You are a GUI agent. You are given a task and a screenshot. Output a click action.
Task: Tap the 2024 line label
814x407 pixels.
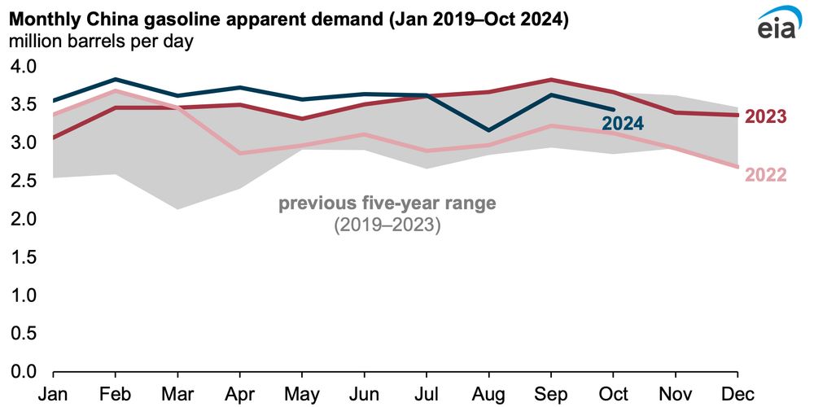coord(623,124)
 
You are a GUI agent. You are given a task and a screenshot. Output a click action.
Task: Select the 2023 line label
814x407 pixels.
coord(766,116)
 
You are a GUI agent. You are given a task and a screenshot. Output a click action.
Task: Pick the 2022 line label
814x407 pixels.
coord(766,175)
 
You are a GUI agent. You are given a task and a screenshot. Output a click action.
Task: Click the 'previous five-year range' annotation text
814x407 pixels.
coord(387,203)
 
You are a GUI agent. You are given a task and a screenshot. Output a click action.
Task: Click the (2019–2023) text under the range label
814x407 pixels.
coord(387,225)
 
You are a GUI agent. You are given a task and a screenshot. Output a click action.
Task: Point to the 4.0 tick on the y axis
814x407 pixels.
coord(24,66)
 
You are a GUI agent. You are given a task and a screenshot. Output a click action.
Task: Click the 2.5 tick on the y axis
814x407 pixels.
coord(24,181)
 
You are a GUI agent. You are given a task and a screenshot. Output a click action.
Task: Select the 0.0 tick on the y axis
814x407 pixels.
coord(24,372)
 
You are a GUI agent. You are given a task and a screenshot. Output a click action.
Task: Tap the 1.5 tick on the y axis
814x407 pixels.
coord(24,257)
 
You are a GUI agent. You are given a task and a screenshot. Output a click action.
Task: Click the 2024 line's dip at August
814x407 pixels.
coord(488,130)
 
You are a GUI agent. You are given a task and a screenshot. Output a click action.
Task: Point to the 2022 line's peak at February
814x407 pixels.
coord(115,90)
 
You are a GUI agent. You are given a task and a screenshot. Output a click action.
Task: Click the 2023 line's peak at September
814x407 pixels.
coord(551,80)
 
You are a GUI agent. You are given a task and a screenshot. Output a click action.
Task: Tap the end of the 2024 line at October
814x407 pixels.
coord(613,109)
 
